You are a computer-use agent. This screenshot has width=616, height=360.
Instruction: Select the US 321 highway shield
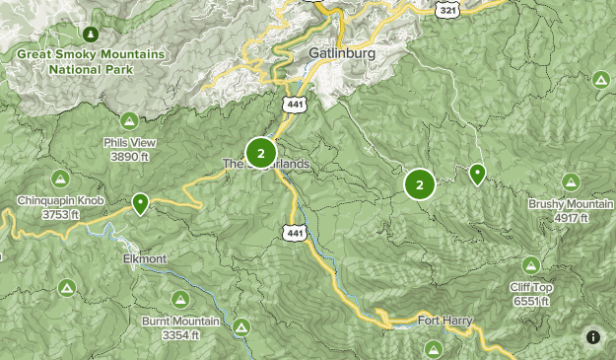tap(448, 8)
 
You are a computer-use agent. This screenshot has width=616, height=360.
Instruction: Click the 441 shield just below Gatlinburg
tap(298, 103)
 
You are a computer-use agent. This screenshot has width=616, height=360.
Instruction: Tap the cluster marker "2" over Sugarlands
tap(260, 153)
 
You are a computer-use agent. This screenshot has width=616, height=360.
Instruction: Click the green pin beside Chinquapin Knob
tap(141, 204)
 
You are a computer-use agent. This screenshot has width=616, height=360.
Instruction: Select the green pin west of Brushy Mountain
tap(477, 175)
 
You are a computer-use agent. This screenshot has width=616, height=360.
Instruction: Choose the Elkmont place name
tap(145, 258)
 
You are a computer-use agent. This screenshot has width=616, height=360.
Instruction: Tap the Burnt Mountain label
tap(180, 328)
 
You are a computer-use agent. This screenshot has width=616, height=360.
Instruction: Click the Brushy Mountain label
tap(571, 210)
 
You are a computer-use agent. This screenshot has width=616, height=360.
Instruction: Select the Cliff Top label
tap(531, 294)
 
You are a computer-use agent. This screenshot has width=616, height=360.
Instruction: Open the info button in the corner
tap(593, 337)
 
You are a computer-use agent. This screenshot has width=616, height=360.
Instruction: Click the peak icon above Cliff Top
tap(531, 264)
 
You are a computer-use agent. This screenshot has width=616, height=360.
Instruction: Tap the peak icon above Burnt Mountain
tap(180, 299)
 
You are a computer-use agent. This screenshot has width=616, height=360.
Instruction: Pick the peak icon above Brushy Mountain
tap(570, 181)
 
